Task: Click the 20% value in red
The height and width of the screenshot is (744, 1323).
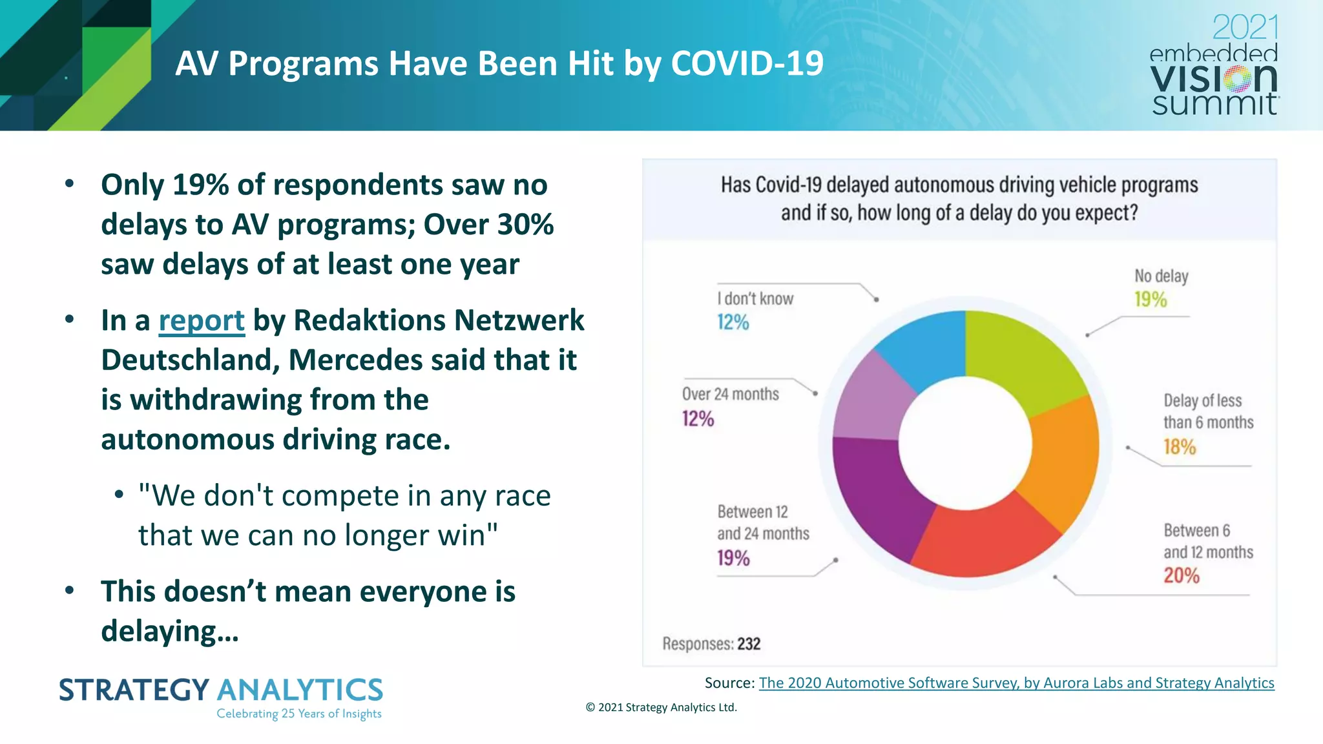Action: (1182, 575)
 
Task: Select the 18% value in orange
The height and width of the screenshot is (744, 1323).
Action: (1180, 446)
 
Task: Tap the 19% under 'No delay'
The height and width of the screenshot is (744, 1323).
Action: (1151, 299)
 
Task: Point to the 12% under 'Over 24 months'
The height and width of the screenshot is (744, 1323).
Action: (698, 418)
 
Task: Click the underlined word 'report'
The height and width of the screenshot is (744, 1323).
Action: (202, 320)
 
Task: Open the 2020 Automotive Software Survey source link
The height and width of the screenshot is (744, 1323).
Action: (1016, 683)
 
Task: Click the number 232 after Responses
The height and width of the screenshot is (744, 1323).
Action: (749, 644)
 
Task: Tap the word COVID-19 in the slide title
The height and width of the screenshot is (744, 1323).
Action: (747, 63)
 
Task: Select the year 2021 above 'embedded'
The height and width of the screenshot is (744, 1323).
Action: (1245, 27)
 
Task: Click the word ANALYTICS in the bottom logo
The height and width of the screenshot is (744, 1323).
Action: (300, 690)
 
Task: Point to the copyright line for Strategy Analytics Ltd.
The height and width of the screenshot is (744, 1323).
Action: (661, 707)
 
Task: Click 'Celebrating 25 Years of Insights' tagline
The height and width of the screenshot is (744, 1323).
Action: (298, 714)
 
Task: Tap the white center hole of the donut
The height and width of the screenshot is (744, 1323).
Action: (965, 443)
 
